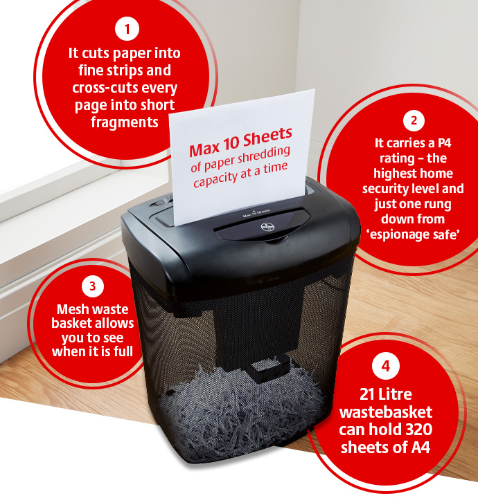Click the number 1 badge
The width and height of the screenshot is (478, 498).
(127, 29)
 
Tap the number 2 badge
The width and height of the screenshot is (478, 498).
(414, 120)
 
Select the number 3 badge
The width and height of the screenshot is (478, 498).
(93, 286)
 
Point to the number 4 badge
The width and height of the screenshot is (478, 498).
(385, 366)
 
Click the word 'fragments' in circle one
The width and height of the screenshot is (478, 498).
(125, 122)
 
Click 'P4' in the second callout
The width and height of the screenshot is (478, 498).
(444, 143)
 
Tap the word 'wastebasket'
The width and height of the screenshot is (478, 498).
(386, 412)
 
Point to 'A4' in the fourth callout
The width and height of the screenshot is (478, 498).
(421, 448)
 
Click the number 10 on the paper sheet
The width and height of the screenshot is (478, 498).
(231, 144)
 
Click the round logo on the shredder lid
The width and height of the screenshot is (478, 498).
(265, 227)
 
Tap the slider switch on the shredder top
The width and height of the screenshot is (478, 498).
(162, 201)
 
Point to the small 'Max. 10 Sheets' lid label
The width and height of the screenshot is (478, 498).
(256, 213)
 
